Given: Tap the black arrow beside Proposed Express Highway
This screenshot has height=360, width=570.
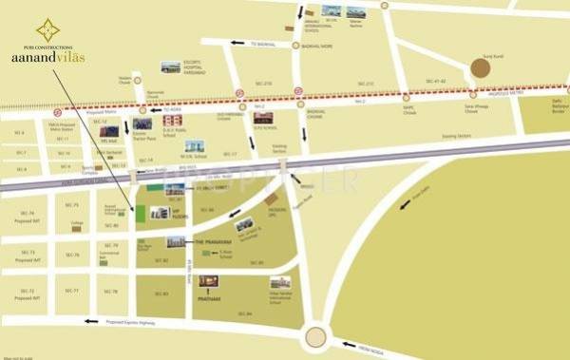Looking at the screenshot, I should (x=91, y=321).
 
